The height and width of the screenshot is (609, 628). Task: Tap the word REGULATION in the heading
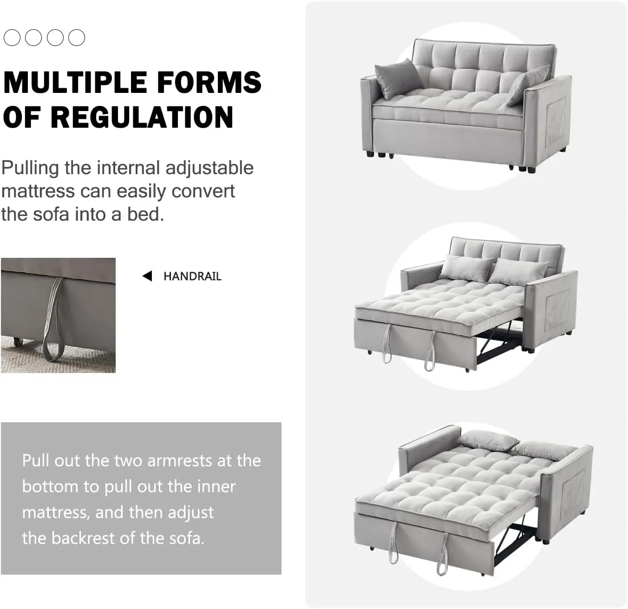click(x=142, y=117)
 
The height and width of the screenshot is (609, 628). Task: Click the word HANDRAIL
click(x=192, y=276)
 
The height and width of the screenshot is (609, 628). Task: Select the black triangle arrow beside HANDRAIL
click(x=147, y=276)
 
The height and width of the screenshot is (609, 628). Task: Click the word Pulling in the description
click(x=30, y=169)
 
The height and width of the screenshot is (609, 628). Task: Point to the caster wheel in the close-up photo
click(x=19, y=341)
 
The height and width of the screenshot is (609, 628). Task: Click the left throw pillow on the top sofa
click(x=398, y=78)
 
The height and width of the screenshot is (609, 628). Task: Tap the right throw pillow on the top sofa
click(x=528, y=85)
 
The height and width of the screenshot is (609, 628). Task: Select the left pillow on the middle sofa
click(x=466, y=268)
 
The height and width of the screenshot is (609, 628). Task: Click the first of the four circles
click(x=12, y=38)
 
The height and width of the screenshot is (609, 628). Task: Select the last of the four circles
click(x=77, y=38)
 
